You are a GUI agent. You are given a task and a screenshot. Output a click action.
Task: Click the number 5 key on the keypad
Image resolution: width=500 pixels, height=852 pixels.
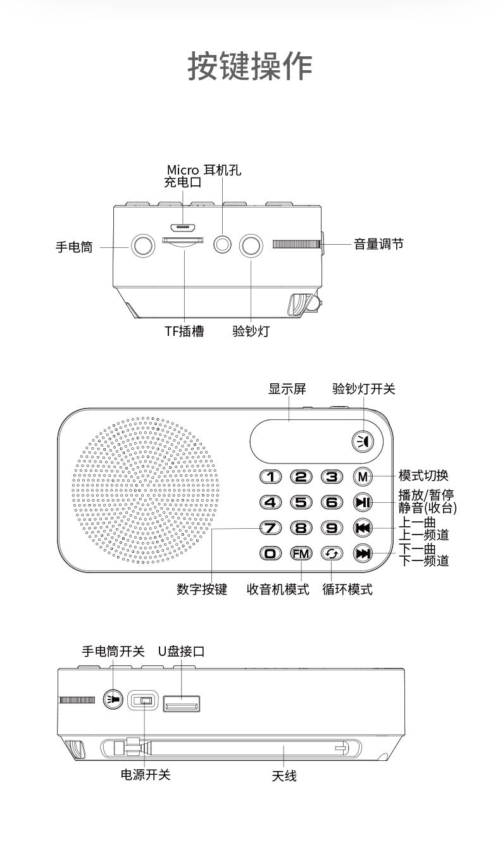pos(301,503)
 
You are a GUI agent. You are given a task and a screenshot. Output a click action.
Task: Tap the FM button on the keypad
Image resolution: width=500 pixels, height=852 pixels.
pos(301,553)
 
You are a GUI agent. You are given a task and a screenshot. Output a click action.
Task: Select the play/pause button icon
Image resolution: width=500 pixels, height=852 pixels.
pos(363,503)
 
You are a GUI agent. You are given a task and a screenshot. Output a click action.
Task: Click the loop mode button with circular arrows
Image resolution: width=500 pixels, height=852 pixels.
pos(331,553)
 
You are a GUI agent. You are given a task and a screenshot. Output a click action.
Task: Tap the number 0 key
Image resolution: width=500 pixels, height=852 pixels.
pos(271,553)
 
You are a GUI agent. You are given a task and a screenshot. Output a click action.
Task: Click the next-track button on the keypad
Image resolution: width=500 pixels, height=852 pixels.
pos(363,553)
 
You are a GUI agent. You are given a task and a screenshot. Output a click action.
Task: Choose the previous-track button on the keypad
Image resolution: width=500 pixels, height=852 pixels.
pos(363,528)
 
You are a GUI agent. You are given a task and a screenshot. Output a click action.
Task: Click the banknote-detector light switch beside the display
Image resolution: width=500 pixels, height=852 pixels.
pos(363,441)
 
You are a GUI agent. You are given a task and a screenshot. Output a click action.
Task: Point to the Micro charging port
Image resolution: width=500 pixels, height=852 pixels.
pos(183,226)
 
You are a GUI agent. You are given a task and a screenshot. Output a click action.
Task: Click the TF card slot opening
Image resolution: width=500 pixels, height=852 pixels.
pos(184,240)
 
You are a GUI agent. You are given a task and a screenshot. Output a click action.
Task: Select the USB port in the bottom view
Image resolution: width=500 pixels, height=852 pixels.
pos(182,703)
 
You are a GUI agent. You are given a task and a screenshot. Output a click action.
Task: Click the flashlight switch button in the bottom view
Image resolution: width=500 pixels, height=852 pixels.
pos(113,700)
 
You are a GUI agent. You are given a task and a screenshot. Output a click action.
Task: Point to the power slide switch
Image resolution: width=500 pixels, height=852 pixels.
pos(143,701)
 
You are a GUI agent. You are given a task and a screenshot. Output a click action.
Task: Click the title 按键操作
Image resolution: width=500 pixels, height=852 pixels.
pos(250,66)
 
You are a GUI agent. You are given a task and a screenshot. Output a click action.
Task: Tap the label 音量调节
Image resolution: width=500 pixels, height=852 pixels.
pos(378,244)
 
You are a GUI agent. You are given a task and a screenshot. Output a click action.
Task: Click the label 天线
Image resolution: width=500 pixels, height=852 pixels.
pos(284,775)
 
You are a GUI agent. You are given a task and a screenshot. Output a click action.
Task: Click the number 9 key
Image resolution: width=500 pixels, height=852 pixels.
pos(331,528)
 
